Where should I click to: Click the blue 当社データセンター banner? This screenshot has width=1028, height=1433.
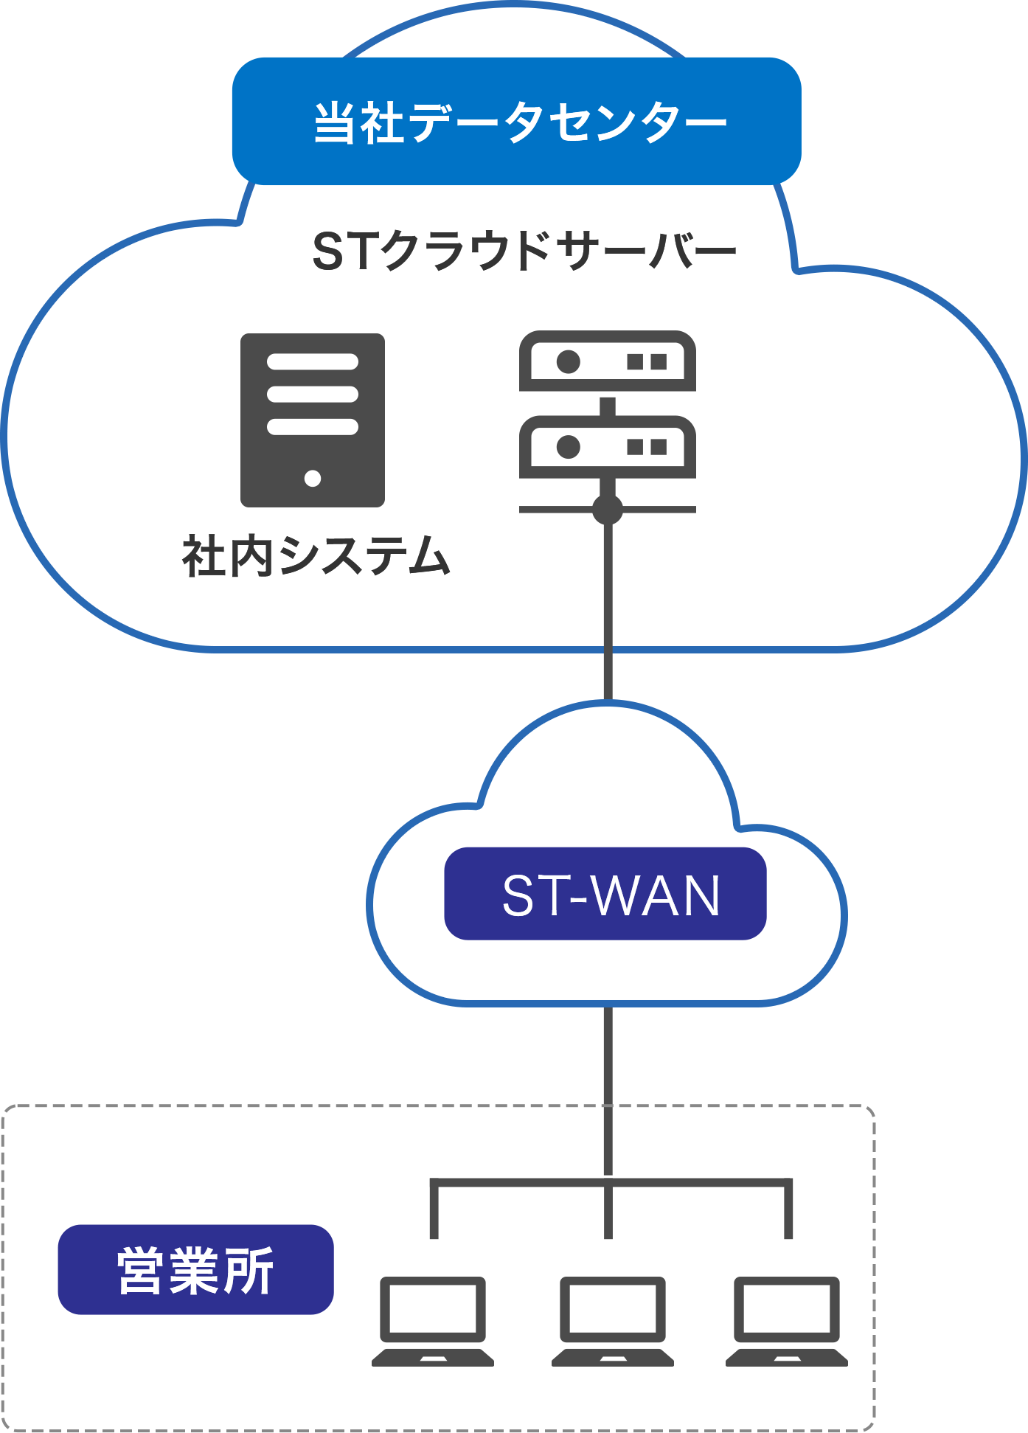pos(516,121)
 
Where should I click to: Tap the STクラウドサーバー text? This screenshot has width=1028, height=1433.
pos(524,251)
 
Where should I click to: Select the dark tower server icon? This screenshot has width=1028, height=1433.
pos(313,420)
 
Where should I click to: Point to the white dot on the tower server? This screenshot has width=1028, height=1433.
pos(313,478)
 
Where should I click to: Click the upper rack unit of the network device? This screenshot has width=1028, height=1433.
pos(608,361)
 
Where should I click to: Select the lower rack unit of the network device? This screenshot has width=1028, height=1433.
pos(608,446)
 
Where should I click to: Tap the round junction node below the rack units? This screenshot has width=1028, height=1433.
pos(608,509)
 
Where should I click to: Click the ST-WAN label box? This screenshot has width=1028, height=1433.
pos(605,894)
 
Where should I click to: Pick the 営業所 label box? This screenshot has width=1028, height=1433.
pos(195,1269)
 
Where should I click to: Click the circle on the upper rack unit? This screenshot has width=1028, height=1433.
pos(569,361)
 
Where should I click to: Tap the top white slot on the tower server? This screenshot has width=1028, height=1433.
pos(313,361)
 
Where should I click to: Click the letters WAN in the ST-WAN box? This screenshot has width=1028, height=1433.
pos(656,895)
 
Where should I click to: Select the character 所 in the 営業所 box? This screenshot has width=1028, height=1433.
pos(249,1270)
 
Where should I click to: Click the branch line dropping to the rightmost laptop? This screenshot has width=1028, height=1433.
pos(788,1210)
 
